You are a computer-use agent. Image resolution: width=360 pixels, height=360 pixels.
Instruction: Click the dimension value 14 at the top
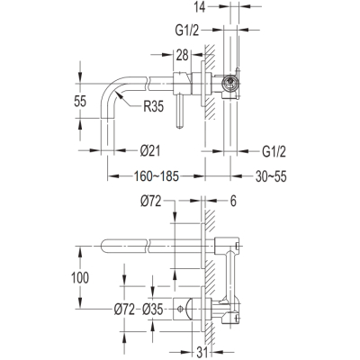click(200, 7)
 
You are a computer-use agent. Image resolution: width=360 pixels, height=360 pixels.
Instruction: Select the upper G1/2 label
click(187, 31)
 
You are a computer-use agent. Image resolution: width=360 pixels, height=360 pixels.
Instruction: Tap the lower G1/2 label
click(274, 151)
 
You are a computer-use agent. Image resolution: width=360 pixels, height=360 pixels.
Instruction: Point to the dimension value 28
click(182, 55)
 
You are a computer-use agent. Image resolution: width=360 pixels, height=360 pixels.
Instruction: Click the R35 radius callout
click(153, 106)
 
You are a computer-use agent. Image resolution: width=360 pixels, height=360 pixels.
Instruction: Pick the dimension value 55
click(80, 101)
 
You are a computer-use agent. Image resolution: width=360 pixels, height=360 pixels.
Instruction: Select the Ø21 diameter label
click(150, 151)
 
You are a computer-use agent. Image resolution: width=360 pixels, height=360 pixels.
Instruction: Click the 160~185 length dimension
click(157, 176)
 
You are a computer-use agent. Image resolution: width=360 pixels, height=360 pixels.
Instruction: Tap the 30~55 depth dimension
click(271, 176)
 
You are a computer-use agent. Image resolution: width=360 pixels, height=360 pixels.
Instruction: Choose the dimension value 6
click(233, 201)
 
